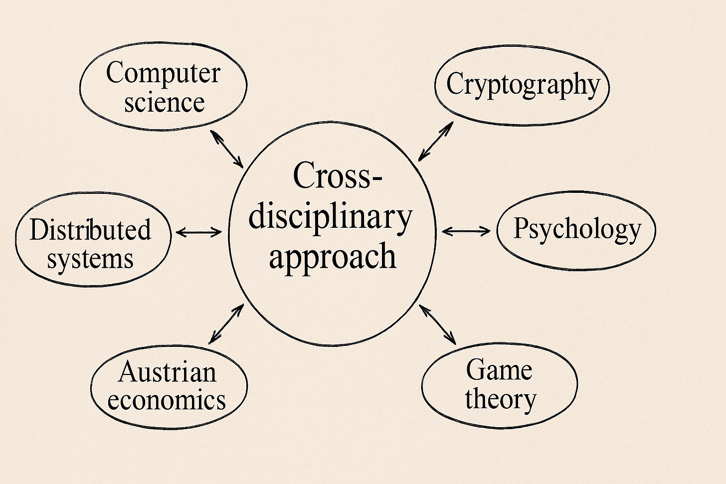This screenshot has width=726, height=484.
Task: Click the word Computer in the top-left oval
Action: [163, 74]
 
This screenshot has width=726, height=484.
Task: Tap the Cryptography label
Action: [523, 85]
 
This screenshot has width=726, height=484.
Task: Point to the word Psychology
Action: [577, 230]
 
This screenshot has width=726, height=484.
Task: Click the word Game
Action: [499, 370]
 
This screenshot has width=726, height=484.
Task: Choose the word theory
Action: [501, 399]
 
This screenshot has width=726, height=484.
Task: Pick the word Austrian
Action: [168, 372]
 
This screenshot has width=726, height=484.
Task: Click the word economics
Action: [167, 400]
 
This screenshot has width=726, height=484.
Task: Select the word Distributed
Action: [90, 230]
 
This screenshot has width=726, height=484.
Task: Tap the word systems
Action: [90, 260]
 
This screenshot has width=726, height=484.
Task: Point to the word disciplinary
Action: [331, 217]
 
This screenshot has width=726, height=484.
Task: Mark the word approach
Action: [333, 256]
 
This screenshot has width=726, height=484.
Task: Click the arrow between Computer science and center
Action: [227, 149]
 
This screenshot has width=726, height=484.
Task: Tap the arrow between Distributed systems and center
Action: [199, 232]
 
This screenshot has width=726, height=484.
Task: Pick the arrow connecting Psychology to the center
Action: [466, 230]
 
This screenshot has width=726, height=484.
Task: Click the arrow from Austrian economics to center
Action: [226, 324]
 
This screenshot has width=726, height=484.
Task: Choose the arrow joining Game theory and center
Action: [438, 324]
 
